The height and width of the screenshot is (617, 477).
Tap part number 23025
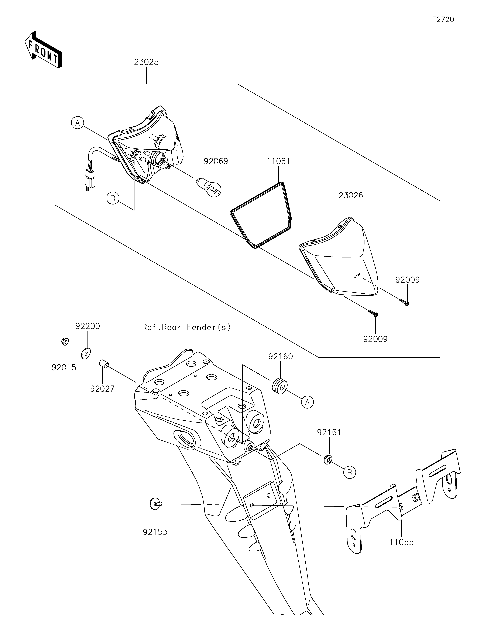click(146, 62)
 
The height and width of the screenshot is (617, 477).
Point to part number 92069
click(216, 161)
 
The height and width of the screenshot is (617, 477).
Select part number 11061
click(278, 161)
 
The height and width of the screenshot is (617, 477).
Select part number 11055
click(402, 542)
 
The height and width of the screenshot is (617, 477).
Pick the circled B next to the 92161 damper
click(350, 472)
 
